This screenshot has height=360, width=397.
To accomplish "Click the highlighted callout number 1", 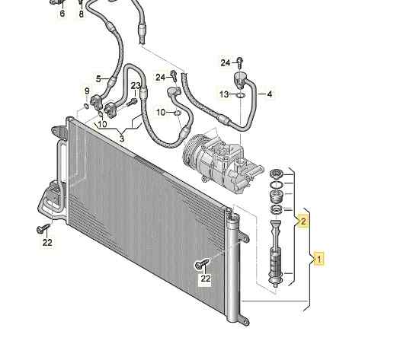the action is pyautogui.click(x=319, y=259).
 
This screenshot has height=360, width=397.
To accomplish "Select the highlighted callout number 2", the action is pyautogui.click(x=303, y=221).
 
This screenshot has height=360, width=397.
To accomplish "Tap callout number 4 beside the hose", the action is pyautogui.click(x=270, y=94).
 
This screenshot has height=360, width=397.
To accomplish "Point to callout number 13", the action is pyautogui.click(x=224, y=94).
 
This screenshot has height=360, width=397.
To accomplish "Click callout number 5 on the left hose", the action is pyautogui.click(x=98, y=79).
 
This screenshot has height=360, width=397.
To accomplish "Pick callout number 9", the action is pyautogui.click(x=62, y=14).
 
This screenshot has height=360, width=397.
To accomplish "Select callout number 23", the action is pyautogui.click(x=136, y=86).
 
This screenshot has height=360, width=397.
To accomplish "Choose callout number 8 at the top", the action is pyautogui.click(x=81, y=14).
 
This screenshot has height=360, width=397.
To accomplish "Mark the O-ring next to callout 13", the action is pyautogui.click(x=241, y=95).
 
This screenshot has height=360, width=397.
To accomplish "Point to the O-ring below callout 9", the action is pyautogui.click(x=86, y=106).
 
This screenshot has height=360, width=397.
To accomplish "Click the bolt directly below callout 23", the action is pyautogui.click(x=132, y=102).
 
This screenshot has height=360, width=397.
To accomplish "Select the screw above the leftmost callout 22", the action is pyautogui.click(x=43, y=228).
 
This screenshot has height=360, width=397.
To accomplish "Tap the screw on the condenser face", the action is pyautogui.click(x=203, y=263).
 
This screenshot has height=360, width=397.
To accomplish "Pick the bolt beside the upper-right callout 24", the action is pyautogui.click(x=240, y=62).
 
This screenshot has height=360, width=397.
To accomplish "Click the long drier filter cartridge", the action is pyautogui.click(x=277, y=253).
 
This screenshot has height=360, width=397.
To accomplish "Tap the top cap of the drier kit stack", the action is pyautogui.click(x=276, y=174).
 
